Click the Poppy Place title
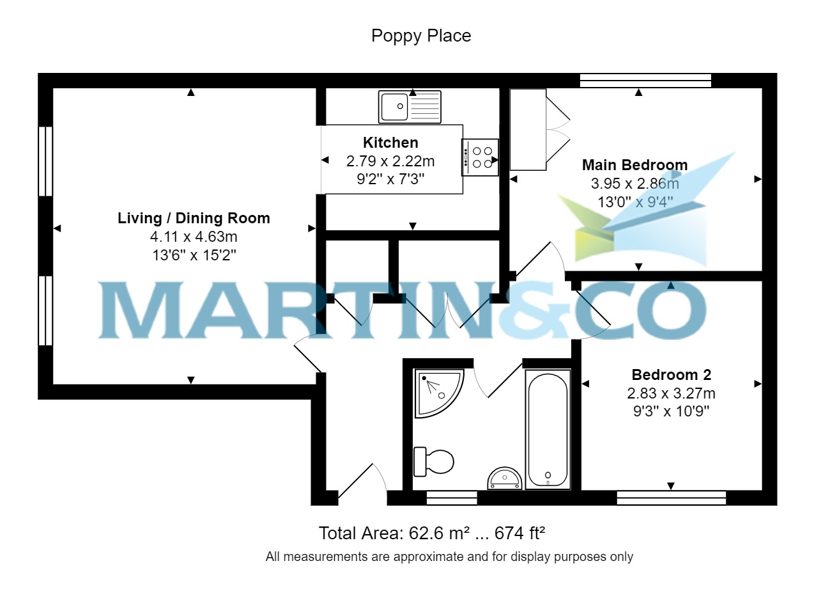pyautogui.click(x=421, y=36)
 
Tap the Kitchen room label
pyautogui.click(x=390, y=143)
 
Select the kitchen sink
pyautogui.click(x=410, y=106)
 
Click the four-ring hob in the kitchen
pyautogui.click(x=480, y=157)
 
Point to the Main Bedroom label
pyautogui.click(x=634, y=165)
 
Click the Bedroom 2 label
pyautogui.click(x=671, y=375)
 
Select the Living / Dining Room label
pyautogui.click(x=194, y=218)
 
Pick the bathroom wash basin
pyautogui.click(x=505, y=478)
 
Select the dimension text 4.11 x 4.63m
pyautogui.click(x=194, y=237)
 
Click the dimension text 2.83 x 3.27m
pyautogui.click(x=671, y=392)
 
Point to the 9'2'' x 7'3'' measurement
pyautogui.click(x=390, y=178)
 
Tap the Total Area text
pyautogui.click(x=431, y=533)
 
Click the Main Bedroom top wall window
pyautogui.click(x=645, y=80)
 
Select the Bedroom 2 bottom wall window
pyautogui.click(x=671, y=497)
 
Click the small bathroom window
pyautogui.click(x=452, y=497)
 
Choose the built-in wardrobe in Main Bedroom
pyautogui.click(x=528, y=129)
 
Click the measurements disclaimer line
pyautogui.click(x=449, y=557)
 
